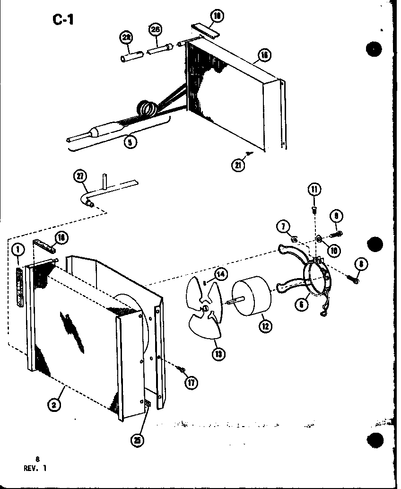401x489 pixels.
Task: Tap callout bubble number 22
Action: pyautogui.click(x=127, y=38)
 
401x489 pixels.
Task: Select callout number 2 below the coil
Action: pyautogui.click(x=56, y=404)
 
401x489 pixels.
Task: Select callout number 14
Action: pyautogui.click(x=220, y=274)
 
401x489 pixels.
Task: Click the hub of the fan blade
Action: pyautogui.click(x=207, y=308)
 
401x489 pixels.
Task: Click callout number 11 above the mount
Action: pyautogui.click(x=314, y=190)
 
